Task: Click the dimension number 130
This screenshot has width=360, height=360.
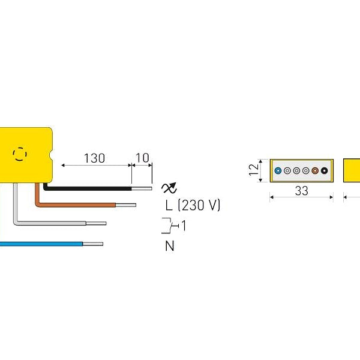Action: pyautogui.click(x=94, y=158)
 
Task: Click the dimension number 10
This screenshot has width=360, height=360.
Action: pyautogui.click(x=143, y=158)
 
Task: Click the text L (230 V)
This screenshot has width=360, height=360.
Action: pyautogui.click(x=193, y=205)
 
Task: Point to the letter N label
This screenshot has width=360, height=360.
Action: pyautogui.click(x=170, y=246)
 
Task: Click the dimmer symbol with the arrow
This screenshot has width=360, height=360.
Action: pyautogui.click(x=170, y=187)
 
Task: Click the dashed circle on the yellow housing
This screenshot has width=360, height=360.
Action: pyautogui.click(x=20, y=154)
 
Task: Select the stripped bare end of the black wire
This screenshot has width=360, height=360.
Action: pyautogui.click(x=142, y=187)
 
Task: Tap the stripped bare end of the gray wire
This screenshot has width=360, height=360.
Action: pyautogui.click(x=96, y=223)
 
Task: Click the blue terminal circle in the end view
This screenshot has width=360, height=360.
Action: pyautogui.click(x=277, y=170)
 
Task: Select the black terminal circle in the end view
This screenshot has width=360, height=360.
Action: pyautogui.click(x=325, y=170)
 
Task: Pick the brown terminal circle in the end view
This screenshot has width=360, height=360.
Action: pyautogui.click(x=315, y=170)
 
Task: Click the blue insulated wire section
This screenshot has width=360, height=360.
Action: pyautogui.click(x=42, y=244)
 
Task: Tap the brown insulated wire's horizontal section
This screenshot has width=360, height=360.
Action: pyautogui.click(x=78, y=205)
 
